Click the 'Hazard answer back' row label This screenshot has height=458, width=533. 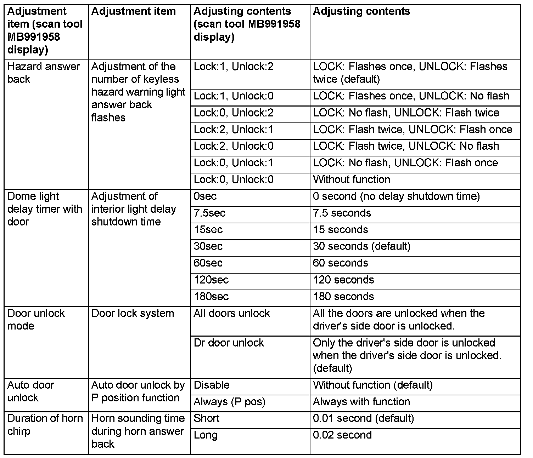[x=44, y=73]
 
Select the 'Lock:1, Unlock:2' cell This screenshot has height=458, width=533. [x=234, y=67]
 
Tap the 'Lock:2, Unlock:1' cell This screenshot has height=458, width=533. [x=234, y=130]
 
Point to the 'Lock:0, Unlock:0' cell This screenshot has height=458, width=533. [x=234, y=179]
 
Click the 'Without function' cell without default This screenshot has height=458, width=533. [x=352, y=179]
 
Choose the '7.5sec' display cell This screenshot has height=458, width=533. [x=209, y=213]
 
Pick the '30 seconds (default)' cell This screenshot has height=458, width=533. [x=361, y=246]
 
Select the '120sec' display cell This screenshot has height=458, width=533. [x=211, y=280]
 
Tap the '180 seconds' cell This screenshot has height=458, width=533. [x=343, y=297]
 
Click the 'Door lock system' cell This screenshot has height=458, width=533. [x=133, y=314]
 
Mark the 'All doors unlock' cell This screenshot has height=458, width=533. [x=232, y=314]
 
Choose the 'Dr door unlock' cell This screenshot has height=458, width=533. [x=229, y=343]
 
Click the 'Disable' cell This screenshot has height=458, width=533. [x=212, y=385]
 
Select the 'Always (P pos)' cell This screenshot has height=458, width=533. [x=229, y=402]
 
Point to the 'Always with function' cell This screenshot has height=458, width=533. [x=361, y=402]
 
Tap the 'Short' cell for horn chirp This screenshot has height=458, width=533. [x=207, y=418]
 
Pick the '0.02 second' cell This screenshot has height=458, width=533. [x=342, y=435]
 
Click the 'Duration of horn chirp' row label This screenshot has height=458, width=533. [x=45, y=425]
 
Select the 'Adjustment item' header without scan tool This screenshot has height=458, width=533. [x=133, y=12]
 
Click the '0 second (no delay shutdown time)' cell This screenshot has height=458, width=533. [x=396, y=196]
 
